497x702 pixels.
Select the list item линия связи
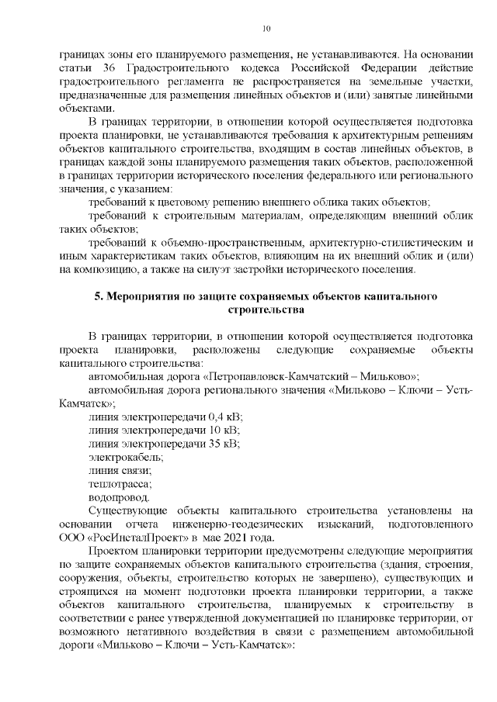120,470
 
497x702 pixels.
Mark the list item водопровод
120,497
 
